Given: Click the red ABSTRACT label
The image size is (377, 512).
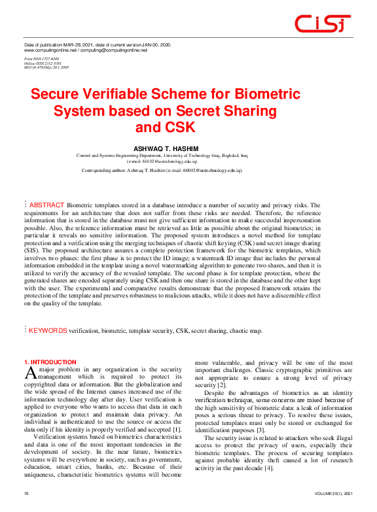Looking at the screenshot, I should [46, 205].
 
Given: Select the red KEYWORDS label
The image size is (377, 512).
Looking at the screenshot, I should [48, 332].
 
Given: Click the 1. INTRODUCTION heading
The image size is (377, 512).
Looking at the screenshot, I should [50, 362].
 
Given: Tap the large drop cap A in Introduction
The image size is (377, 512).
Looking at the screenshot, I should [29, 373].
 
